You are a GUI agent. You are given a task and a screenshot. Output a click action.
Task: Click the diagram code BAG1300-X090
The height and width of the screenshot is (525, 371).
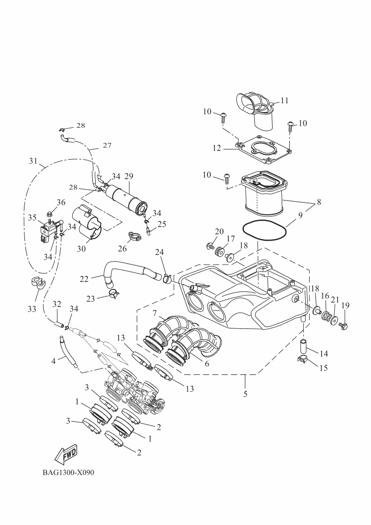click(x=68, y=473)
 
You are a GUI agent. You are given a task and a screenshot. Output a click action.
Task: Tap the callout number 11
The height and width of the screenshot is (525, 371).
click(x=284, y=100)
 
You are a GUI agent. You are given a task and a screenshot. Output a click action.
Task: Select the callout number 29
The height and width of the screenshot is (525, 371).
click(x=129, y=176)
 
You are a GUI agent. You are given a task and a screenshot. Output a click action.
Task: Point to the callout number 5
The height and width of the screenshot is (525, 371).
click(x=245, y=394)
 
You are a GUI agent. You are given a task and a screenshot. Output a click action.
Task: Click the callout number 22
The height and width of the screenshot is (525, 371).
click(x=84, y=279)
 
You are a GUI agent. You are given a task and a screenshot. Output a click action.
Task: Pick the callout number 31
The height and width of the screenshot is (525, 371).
click(x=33, y=161)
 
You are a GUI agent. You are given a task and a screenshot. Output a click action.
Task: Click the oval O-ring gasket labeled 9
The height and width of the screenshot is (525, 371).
click(x=265, y=231)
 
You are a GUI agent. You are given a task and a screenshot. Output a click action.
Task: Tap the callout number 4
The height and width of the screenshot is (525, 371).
click(x=54, y=361)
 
